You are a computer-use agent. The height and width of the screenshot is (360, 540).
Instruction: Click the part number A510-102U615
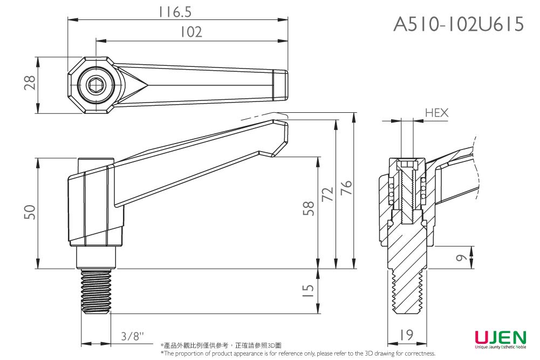[x=459, y=24]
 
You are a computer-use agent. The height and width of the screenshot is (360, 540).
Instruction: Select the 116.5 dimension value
[x=176, y=11]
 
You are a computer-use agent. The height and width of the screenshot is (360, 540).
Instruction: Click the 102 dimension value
[x=191, y=32]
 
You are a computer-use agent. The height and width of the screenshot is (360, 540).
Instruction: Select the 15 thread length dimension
[x=308, y=291]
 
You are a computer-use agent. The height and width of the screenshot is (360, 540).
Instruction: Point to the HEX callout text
[x=436, y=113]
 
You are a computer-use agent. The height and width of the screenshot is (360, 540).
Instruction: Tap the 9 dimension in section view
[x=460, y=258]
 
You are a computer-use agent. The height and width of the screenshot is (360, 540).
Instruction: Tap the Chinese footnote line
[x=221, y=345]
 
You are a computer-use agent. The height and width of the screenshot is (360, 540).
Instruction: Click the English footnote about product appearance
[x=298, y=354]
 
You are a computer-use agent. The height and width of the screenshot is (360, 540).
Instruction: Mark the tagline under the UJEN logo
[x=501, y=349]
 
